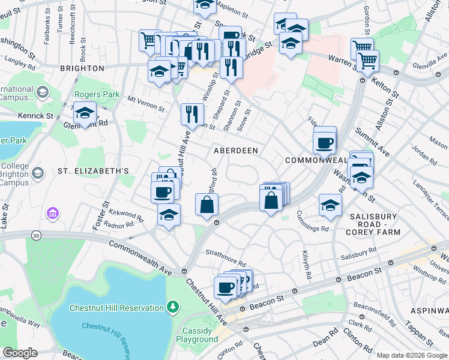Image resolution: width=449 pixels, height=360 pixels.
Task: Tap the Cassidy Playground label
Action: [x=197, y=335]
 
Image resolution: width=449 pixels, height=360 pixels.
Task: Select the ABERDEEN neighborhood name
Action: [x=236, y=151]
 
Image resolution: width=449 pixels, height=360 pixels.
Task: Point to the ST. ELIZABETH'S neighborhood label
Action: [x=93, y=171]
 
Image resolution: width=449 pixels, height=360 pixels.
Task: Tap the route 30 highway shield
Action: [x=37, y=236]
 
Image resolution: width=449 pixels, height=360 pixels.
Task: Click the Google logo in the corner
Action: [x=20, y=353]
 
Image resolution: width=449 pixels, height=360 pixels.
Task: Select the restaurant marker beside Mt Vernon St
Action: [x=192, y=113]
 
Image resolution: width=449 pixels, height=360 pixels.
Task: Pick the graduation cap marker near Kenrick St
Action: [x=85, y=113]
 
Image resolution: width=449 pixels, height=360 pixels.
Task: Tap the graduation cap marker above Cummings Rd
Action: [x=330, y=205]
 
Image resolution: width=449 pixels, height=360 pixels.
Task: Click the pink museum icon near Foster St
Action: [x=53, y=213]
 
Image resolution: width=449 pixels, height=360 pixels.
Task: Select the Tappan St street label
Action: [x=424, y=334]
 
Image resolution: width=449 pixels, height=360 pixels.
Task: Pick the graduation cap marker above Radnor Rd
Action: [x=169, y=214]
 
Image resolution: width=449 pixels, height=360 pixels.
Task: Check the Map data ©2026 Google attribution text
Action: [x=412, y=355]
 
